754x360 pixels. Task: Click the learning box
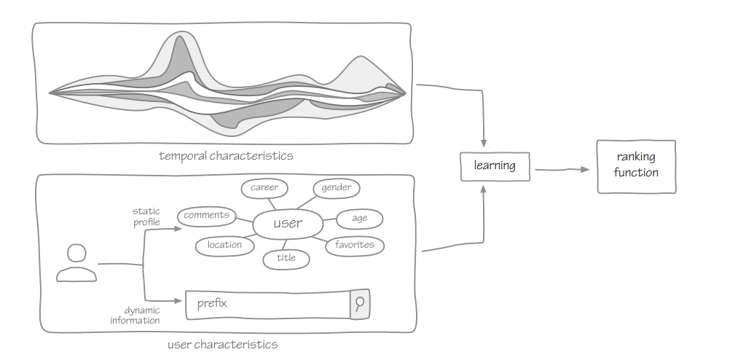click(x=495, y=166)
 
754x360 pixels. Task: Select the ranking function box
click(x=636, y=166)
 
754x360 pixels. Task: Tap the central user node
click(x=288, y=223)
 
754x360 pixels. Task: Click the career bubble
click(x=264, y=188)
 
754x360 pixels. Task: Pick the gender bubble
click(x=337, y=188)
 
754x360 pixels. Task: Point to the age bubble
click(x=359, y=219)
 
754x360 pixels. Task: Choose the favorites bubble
click(x=355, y=245)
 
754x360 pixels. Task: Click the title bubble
click(x=286, y=258)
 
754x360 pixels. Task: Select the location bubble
click(x=224, y=246)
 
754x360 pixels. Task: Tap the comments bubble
click(x=207, y=216)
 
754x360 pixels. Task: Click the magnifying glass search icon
click(x=360, y=304)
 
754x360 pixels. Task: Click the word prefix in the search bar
click(x=212, y=303)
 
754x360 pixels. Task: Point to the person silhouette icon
click(x=76, y=263)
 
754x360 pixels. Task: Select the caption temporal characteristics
click(x=226, y=155)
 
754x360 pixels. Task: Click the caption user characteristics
click(x=222, y=344)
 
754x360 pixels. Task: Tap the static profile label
click(x=146, y=217)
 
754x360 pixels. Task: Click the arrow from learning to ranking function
click(x=562, y=170)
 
